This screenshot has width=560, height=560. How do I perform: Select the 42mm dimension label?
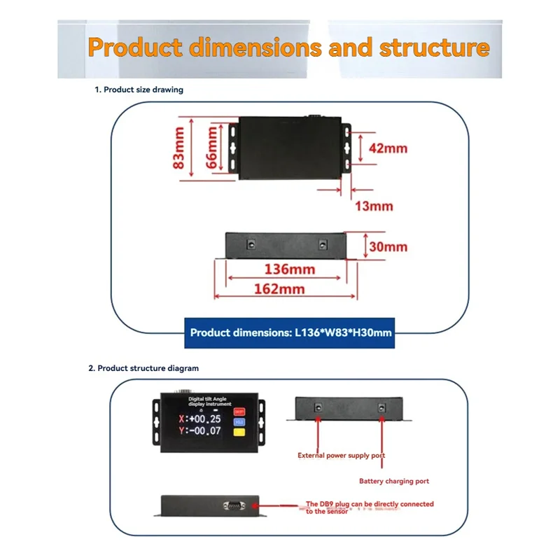pyautogui.click(x=388, y=148)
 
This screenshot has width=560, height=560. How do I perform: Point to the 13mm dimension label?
pyautogui.click(x=374, y=206)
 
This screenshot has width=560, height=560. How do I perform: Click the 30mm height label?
pyautogui.click(x=388, y=247)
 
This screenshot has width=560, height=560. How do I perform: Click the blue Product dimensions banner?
pyautogui.click(x=290, y=333)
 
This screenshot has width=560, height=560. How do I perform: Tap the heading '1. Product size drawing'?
pyautogui.click(x=139, y=90)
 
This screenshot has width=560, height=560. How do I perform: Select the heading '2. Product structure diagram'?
pyautogui.click(x=143, y=367)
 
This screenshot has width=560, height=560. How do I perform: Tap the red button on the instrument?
pyautogui.click(x=240, y=412)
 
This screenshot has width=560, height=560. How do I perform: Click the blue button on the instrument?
pyautogui.click(x=240, y=422)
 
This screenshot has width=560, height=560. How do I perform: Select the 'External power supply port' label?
pyautogui.click(x=341, y=456)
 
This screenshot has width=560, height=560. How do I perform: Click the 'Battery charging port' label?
pyautogui.click(x=394, y=481)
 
